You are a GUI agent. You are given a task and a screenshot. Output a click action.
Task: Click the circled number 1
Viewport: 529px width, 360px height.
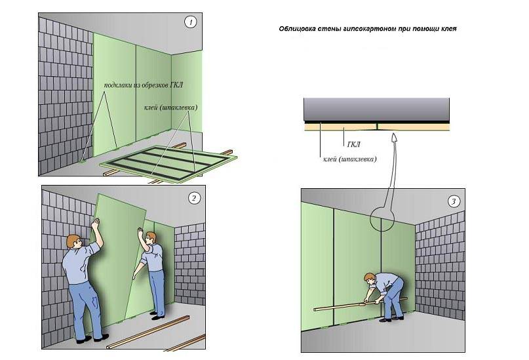click(190, 22)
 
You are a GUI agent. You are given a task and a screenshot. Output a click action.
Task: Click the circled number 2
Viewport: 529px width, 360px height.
click(193, 198)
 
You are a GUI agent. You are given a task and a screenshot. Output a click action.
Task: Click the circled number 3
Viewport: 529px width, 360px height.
click(454, 202)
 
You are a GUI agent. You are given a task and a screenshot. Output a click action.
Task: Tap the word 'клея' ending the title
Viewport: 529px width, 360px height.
click(449, 29)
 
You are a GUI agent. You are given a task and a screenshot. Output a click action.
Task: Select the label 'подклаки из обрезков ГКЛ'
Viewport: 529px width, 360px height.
click(144, 85)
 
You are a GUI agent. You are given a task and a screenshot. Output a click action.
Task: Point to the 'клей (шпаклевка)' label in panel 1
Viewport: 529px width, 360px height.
click(170, 108)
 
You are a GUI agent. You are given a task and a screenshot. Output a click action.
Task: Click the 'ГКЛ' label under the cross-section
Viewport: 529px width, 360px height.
click(353, 144)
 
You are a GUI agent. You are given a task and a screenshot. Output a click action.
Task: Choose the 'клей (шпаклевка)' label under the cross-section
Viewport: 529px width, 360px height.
click(350, 159)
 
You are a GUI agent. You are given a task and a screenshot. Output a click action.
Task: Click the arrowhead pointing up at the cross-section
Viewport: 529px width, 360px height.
click(394, 136)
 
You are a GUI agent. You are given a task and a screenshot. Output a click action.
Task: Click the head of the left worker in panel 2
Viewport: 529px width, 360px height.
click(73, 241)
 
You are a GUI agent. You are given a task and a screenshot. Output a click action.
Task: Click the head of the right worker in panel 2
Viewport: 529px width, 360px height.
click(151, 237)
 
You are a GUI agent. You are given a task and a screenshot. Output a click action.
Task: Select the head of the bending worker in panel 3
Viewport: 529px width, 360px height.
click(370, 279)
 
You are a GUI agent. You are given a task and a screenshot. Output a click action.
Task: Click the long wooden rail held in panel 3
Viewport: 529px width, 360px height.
click(361, 304)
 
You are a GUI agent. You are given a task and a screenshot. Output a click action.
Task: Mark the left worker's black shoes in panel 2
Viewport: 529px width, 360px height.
click(92, 338)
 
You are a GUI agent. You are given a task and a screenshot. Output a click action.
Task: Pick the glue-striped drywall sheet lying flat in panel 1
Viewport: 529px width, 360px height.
click(168, 164)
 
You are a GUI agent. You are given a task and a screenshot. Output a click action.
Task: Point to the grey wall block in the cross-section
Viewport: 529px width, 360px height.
click(376, 110)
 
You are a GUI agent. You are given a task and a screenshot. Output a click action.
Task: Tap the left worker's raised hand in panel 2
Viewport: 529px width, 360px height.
click(96, 223)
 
